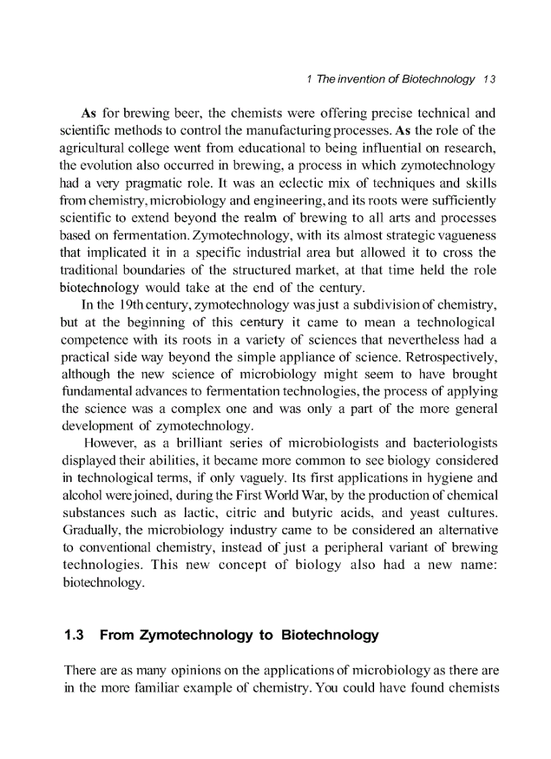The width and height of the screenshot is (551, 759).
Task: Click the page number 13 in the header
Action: tap(490, 79)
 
